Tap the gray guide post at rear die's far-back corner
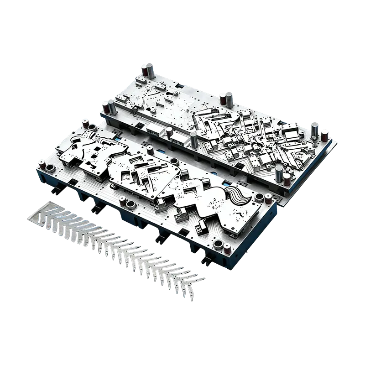click(x=148, y=71)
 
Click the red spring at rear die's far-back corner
click(x=143, y=73)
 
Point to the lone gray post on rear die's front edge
click(x=194, y=140)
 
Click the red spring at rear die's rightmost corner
click(x=324, y=136)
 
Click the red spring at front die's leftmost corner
click(x=42, y=163)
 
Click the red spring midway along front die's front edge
click(x=122, y=201)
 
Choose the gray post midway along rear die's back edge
click(x=229, y=98)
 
